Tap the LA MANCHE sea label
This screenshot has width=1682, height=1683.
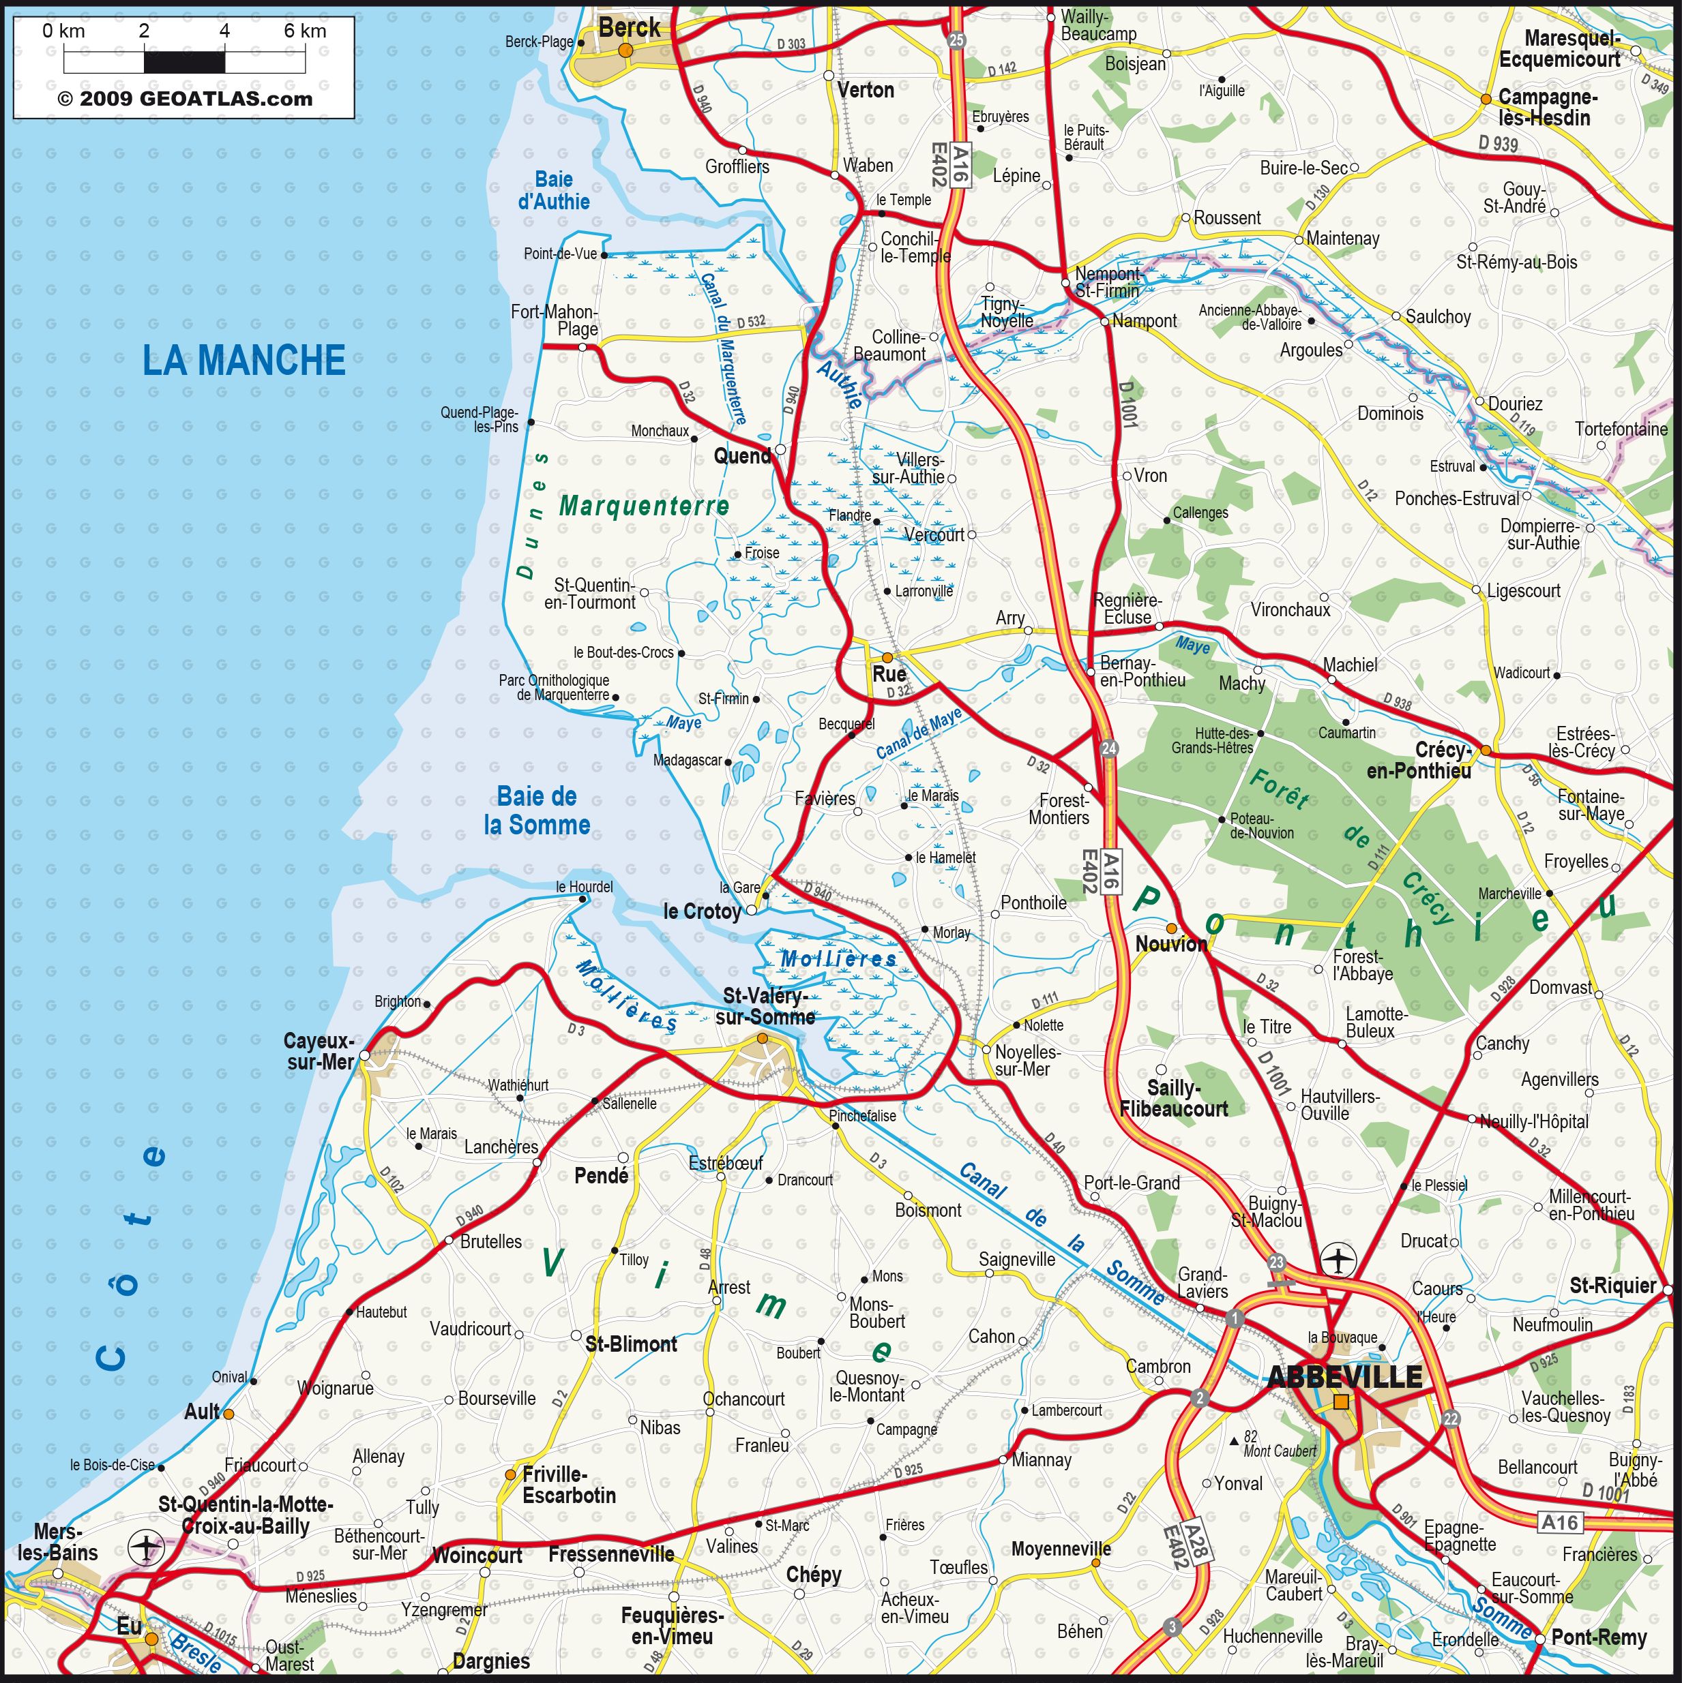244,361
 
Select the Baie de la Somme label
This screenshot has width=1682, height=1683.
537,810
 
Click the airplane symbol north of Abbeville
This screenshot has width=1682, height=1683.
1338,1260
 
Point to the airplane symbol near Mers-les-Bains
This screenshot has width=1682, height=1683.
145,1548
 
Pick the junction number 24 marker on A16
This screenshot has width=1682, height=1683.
1108,748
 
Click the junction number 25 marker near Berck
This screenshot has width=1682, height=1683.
956,40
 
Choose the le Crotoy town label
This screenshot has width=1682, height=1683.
702,911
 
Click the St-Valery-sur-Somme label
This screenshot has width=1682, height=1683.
765,1006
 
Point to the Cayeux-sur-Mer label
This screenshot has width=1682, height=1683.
320,1051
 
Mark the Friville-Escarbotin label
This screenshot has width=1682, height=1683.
568,1485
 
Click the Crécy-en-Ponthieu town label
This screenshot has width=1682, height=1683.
1419,759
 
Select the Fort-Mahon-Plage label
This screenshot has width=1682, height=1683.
555,320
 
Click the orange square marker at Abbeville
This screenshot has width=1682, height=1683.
1341,1401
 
